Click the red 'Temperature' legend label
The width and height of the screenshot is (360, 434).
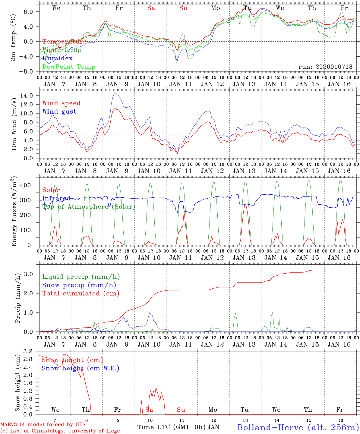(65, 42)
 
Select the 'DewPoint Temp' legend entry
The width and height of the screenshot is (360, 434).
(69, 67)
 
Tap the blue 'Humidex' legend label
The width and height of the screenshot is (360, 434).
(57, 58)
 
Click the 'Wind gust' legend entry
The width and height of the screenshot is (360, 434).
(59, 112)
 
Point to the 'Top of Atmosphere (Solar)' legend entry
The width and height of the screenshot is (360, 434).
(89, 207)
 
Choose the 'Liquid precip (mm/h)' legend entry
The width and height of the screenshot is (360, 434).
(81, 277)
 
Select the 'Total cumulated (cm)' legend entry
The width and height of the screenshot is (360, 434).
(81, 293)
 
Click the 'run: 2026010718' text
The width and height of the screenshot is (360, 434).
(325, 67)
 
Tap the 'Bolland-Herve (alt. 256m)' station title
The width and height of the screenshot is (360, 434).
(298, 427)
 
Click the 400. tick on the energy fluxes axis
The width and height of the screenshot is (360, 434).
(30, 185)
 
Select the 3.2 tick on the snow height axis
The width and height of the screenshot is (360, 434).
(31, 351)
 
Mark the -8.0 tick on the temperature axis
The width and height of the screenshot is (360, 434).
(30, 71)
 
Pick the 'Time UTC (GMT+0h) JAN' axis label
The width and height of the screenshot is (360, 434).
(178, 427)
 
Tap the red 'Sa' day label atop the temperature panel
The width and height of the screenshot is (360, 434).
(151, 8)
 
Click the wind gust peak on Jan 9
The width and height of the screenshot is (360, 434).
(115, 93)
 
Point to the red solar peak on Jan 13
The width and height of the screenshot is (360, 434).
(245, 205)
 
